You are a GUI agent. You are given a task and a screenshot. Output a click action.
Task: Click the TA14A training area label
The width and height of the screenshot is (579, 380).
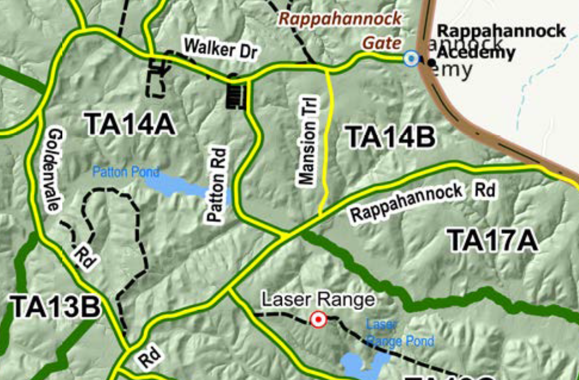coord(130,125)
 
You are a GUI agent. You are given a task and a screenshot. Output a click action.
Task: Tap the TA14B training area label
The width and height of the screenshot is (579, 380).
coord(390,136)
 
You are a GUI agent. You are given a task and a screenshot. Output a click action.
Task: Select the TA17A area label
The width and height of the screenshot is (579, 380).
coord(492,240)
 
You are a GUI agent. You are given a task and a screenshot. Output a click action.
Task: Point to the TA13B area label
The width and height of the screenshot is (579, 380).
coord(55,307)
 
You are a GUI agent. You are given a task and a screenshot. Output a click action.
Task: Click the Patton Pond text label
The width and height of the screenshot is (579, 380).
coord(126,172)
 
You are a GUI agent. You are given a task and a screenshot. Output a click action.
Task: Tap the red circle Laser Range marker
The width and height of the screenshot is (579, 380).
coord(318,320)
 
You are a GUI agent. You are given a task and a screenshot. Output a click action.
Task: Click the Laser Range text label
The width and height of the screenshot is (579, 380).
coord(318,299)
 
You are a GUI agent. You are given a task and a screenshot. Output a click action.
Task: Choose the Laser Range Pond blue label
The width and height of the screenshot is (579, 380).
coord(400,333)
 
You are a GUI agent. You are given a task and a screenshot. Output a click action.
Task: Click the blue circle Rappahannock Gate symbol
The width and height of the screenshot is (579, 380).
coord(411,58)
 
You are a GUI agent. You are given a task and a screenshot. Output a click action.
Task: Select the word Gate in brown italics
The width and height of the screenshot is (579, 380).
coord(382,42)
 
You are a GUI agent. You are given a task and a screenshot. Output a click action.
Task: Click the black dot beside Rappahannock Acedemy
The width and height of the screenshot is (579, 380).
coord(431,63)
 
